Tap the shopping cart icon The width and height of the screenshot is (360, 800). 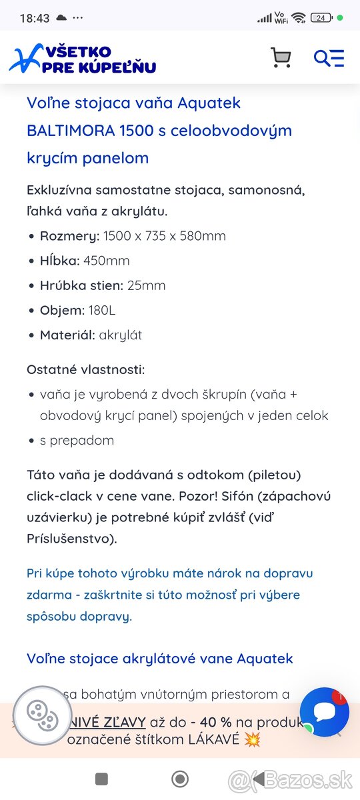(281, 58)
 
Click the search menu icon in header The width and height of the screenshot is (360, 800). (329, 58)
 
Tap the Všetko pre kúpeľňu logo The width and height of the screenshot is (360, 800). (83, 59)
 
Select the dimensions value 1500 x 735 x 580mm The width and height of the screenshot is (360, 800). (164, 236)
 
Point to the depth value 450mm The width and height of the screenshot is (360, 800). (106, 261)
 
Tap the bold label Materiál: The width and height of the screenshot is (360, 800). (67, 335)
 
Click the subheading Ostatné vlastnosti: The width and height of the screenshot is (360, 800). (85, 369)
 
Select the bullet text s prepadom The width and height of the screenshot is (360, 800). (77, 440)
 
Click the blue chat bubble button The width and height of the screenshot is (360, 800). (325, 712)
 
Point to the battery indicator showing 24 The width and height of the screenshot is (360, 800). (321, 18)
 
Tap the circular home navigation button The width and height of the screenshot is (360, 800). (180, 779)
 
